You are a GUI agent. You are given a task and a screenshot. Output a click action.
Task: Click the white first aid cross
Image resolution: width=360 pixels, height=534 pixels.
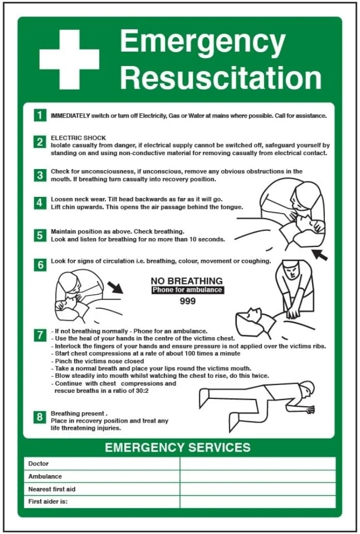(x=69, y=60)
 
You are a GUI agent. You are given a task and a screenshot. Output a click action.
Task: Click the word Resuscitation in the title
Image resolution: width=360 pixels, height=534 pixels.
(x=221, y=78)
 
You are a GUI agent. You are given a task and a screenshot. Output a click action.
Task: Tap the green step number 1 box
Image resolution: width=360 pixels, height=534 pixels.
(x=40, y=115)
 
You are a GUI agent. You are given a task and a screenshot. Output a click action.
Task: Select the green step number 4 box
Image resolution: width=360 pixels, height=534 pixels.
(x=40, y=203)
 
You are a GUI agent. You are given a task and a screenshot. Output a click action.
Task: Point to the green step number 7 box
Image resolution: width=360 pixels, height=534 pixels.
(x=40, y=335)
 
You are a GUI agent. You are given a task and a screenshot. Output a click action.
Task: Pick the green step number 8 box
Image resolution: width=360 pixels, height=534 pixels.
(x=40, y=417)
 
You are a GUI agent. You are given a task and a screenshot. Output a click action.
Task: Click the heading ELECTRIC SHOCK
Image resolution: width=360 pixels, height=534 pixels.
(x=78, y=138)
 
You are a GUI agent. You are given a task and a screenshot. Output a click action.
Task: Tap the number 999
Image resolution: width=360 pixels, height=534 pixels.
(x=188, y=301)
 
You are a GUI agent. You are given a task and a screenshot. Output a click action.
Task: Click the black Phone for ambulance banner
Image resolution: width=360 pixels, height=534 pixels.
(x=188, y=290)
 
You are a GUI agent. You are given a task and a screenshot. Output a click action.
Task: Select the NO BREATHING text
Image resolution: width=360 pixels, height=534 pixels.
(x=187, y=281)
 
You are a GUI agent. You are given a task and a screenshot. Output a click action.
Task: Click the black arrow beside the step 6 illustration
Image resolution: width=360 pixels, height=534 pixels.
(x=115, y=288)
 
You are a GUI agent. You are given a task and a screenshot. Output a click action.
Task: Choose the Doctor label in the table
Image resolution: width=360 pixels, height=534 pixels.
(x=39, y=463)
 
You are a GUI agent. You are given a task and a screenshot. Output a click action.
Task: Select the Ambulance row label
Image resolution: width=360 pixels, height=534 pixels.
(x=45, y=476)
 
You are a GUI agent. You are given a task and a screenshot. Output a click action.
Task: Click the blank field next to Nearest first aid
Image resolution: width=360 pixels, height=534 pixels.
(x=258, y=489)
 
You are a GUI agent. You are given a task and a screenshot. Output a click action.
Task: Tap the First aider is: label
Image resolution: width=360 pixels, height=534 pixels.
(x=48, y=502)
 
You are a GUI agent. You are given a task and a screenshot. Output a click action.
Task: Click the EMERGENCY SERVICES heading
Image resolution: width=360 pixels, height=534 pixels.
(x=177, y=447)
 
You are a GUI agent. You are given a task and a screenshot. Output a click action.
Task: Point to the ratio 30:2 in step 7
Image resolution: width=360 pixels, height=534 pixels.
(x=142, y=391)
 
